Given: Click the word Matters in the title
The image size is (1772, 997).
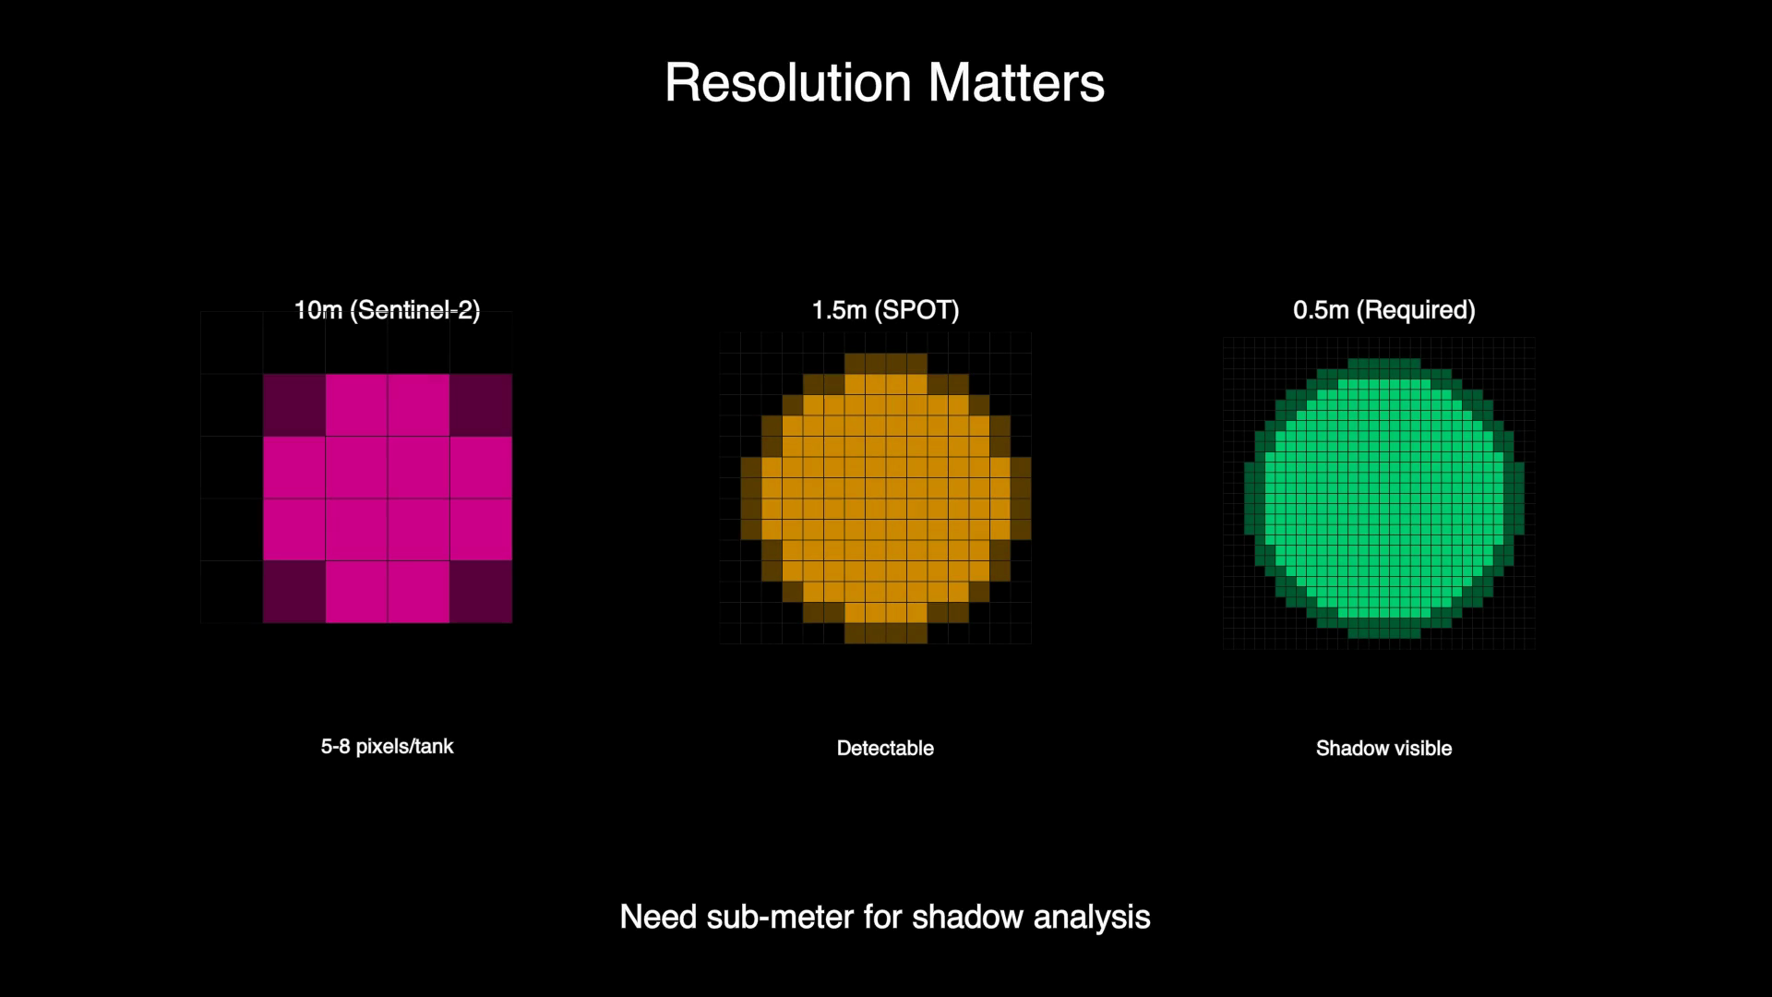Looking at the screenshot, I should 1016,84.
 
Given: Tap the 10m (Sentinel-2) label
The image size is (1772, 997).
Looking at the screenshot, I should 387,310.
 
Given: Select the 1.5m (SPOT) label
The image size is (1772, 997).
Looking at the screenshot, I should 885,310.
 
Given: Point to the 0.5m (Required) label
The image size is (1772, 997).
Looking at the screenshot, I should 1383,310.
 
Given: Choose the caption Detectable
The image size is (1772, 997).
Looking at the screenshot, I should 885,749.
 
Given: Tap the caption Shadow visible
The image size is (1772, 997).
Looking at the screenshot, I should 1383,749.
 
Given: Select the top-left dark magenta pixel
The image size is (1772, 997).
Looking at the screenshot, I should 294,405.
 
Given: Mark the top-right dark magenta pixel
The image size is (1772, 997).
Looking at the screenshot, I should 481,405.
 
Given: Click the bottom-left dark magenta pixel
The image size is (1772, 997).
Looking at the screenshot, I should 294,592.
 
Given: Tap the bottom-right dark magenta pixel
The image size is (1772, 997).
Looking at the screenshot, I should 481,592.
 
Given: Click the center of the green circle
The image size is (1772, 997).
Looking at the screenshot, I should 1383,498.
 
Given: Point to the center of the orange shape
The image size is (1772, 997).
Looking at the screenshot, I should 885,498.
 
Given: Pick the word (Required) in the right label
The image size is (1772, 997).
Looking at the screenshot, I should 1416,310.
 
